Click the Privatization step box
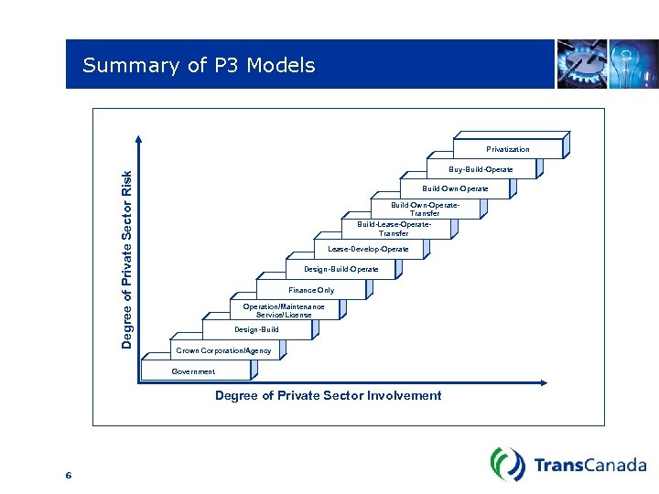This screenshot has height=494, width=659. pyautogui.click(x=508, y=149)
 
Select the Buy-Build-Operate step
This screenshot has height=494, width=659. pyautogui.click(x=481, y=169)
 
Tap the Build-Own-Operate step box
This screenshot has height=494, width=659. pyautogui.click(x=454, y=189)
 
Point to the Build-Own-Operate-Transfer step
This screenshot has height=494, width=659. pyautogui.click(x=425, y=209)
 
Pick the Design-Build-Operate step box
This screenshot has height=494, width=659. pyautogui.click(x=340, y=270)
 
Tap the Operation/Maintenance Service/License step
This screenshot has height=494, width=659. pyautogui.click(x=283, y=310)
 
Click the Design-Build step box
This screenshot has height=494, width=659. pyautogui.click(x=256, y=329)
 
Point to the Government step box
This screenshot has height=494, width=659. pyautogui.click(x=194, y=371)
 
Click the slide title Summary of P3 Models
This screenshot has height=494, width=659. pyautogui.click(x=199, y=66)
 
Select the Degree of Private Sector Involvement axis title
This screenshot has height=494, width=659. pyautogui.click(x=328, y=396)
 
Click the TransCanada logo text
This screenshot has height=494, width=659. pyautogui.click(x=589, y=465)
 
